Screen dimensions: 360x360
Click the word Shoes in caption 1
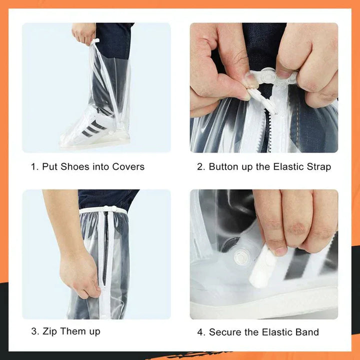tap(74, 166)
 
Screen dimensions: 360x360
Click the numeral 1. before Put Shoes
tap(34, 166)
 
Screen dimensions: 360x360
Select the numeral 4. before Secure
tap(201, 331)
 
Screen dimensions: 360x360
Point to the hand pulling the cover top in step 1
tap(83, 32)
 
